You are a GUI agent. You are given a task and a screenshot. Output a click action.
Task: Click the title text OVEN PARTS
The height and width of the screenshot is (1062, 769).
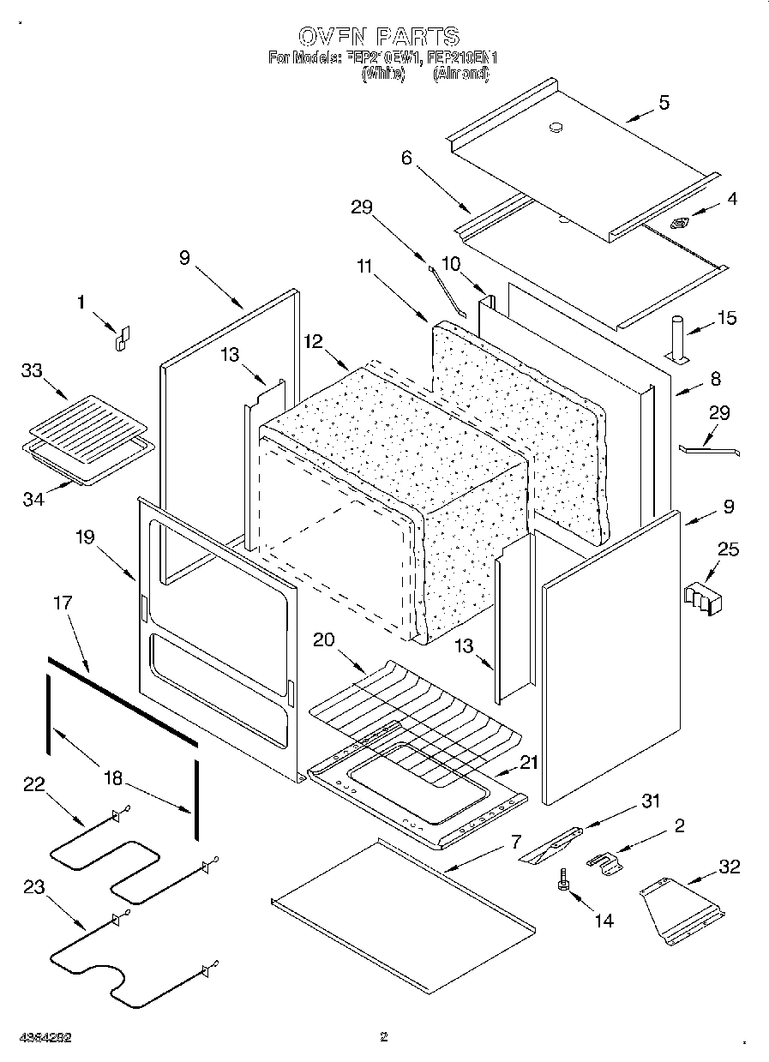coord(380,36)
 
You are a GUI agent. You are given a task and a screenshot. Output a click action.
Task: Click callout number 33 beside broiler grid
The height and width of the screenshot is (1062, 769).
coord(33,370)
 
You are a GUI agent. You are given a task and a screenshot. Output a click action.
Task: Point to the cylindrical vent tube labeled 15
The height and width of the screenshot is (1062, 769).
coord(676,339)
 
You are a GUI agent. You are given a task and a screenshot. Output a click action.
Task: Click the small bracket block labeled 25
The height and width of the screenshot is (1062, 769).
coord(703,598)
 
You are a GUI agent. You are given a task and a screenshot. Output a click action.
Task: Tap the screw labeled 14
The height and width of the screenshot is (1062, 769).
coord(564,882)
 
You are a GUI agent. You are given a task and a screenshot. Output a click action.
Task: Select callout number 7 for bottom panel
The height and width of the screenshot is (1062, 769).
coord(514,843)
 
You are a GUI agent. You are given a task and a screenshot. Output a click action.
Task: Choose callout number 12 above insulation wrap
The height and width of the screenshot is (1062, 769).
coord(313,341)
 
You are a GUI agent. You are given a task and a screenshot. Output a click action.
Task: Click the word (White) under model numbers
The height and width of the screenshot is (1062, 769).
coord(383,75)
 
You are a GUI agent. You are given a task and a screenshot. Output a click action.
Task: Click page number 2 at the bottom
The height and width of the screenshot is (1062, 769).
coord(384,1037)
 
